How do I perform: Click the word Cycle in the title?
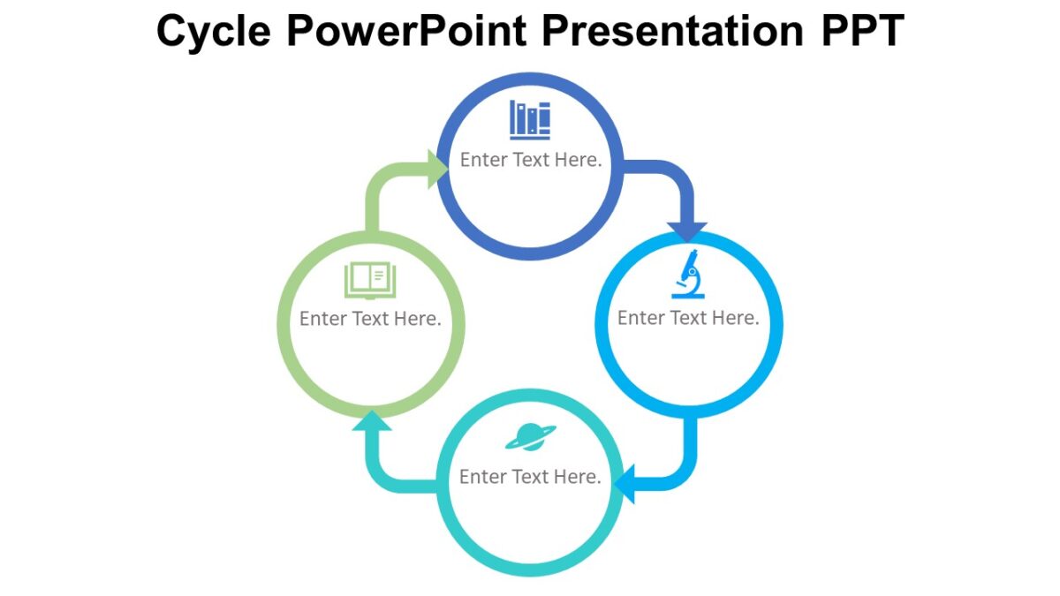pyautogui.click(x=214, y=31)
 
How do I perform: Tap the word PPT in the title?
pyautogui.click(x=854, y=31)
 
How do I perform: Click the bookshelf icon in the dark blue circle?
pyautogui.click(x=530, y=120)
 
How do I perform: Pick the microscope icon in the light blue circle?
pyautogui.click(x=688, y=275)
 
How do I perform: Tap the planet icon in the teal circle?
pyautogui.click(x=530, y=436)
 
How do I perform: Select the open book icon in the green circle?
pyautogui.click(x=370, y=281)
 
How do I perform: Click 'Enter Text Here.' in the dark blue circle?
pyautogui.click(x=530, y=160)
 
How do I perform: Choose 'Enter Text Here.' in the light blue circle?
pyautogui.click(x=688, y=318)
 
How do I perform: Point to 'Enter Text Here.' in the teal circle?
pyautogui.click(x=530, y=477)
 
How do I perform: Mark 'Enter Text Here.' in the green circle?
pyautogui.click(x=370, y=319)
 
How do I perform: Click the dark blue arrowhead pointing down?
pyautogui.click(x=687, y=230)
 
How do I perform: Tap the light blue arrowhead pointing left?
pyautogui.click(x=625, y=485)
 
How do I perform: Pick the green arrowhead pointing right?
pyautogui.click(x=438, y=169)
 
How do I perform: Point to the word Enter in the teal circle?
pyautogui.click(x=482, y=477)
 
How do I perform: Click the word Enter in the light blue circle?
pyautogui.click(x=640, y=318)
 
